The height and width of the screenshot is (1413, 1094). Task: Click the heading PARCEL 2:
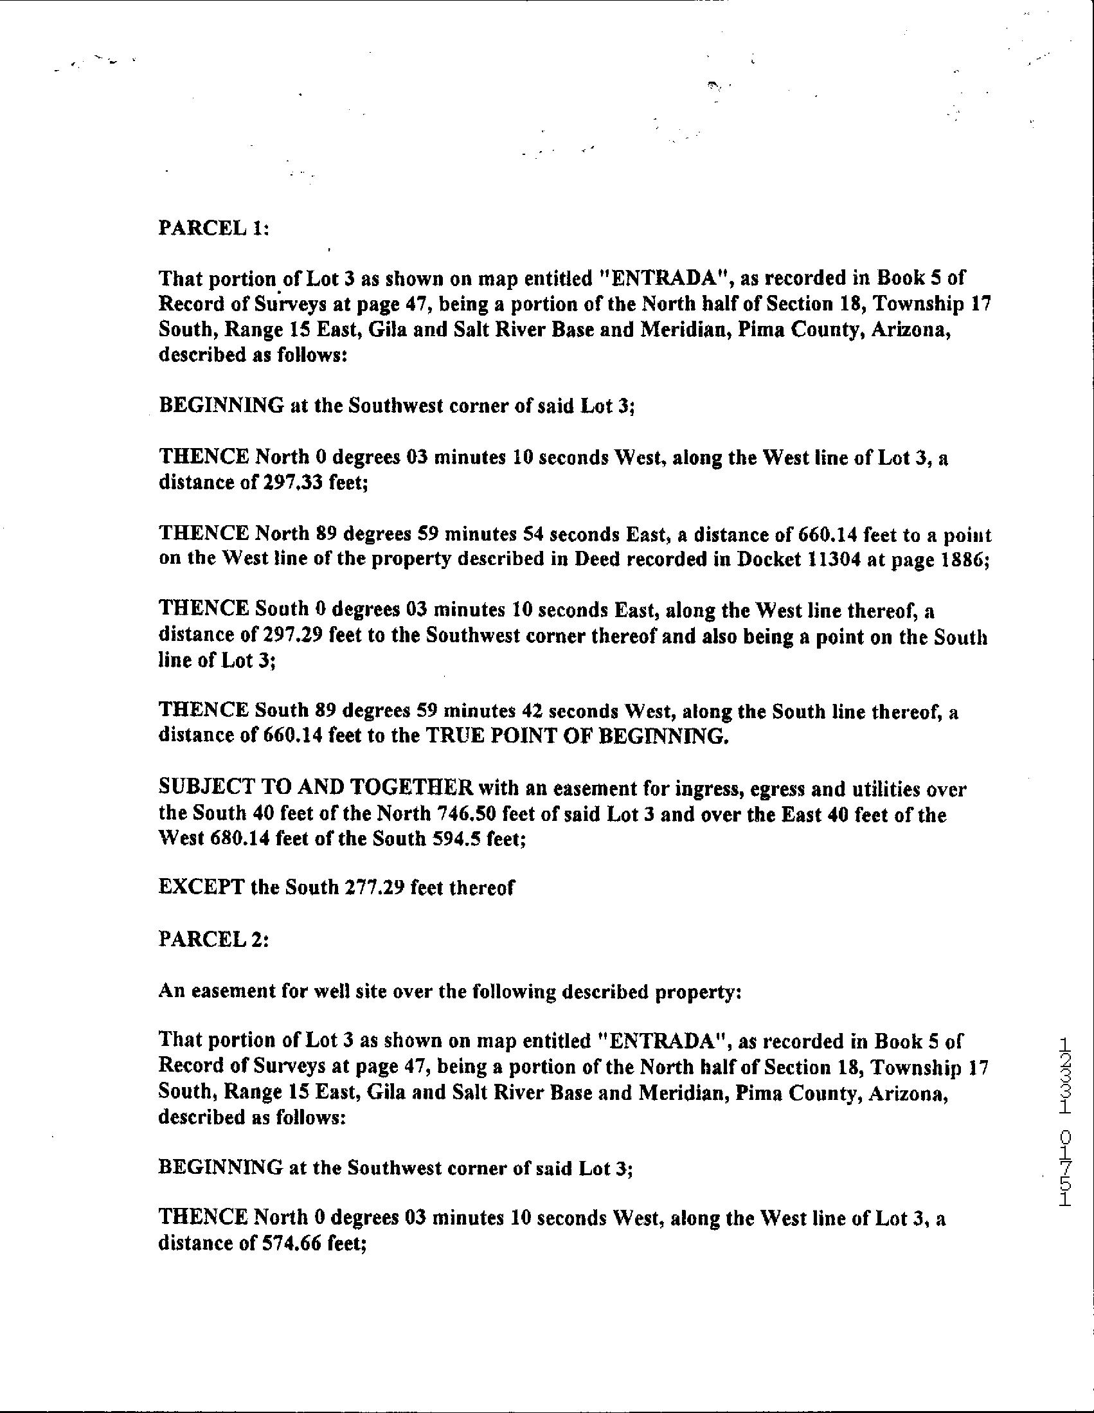[213, 939]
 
